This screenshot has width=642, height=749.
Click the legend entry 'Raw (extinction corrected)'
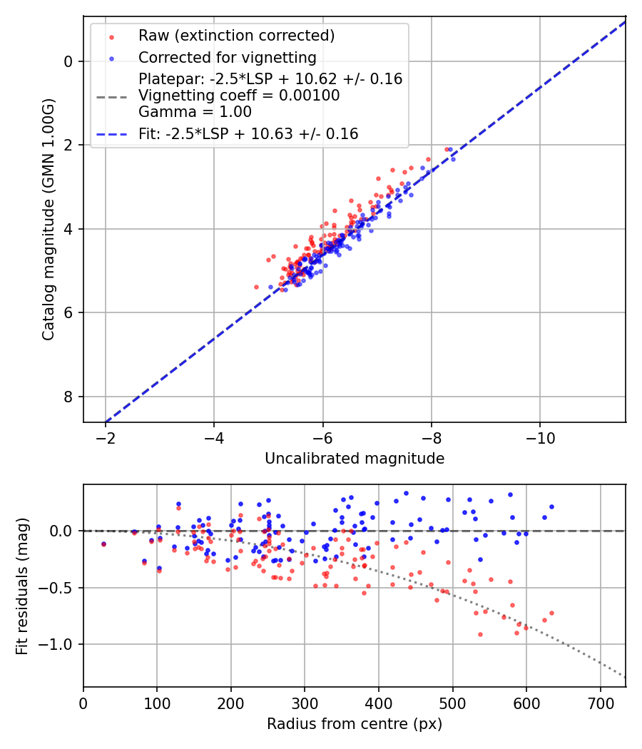[236, 36]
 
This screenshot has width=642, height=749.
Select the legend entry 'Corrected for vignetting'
[228, 57]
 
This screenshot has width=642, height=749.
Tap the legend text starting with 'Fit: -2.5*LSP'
[248, 133]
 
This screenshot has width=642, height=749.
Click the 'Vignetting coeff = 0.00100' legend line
[239, 95]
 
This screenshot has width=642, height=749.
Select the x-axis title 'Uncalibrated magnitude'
[355, 459]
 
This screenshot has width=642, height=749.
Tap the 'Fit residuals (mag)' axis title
[22, 586]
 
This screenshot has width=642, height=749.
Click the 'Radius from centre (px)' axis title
[355, 724]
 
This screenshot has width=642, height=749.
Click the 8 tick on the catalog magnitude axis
[68, 397]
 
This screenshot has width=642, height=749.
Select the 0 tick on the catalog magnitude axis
[68, 61]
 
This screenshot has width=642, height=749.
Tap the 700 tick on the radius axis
[600, 702]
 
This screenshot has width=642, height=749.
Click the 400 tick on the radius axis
[379, 702]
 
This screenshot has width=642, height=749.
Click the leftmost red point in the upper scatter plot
[256, 287]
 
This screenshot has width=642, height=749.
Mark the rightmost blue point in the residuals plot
[551, 506]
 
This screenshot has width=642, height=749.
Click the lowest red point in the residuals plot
[480, 634]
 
